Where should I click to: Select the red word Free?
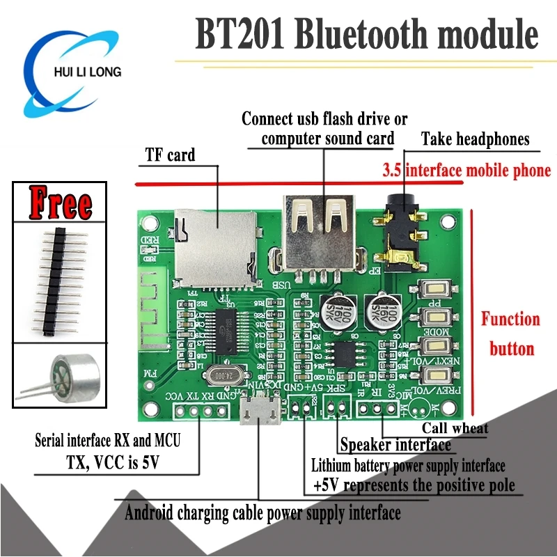60,203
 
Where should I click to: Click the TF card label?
170,154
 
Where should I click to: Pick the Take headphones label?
475,139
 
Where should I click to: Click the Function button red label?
510,334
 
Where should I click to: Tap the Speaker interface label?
395,445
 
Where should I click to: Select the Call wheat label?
455,428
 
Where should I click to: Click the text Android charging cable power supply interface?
262,514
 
